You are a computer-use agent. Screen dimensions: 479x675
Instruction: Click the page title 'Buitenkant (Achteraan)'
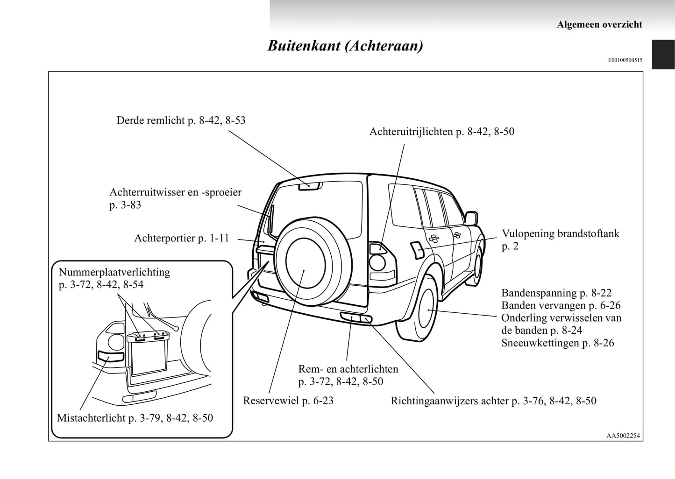coord(345,46)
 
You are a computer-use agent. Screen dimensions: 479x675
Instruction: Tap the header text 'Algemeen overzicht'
coord(599,25)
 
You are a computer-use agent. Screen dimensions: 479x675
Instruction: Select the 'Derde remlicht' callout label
coord(181,120)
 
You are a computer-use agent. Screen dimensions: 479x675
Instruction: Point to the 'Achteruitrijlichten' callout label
coord(441,132)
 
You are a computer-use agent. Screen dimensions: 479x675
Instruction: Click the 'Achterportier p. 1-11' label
coord(182,238)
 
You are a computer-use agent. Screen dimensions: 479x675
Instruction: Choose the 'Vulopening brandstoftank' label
coord(560,233)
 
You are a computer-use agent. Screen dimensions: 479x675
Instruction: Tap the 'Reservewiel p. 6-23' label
coord(288,401)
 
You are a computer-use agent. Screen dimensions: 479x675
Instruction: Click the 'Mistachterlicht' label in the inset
coord(135,418)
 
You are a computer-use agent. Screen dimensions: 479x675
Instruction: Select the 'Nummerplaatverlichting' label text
coord(114,272)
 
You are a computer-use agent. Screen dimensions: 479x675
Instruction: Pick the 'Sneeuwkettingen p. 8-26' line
coord(557,343)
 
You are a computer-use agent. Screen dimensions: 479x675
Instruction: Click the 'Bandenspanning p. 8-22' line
coord(556,293)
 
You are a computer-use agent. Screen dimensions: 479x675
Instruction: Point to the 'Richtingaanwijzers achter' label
coord(493,401)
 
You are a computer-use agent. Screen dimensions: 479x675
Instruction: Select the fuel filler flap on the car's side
coord(416,250)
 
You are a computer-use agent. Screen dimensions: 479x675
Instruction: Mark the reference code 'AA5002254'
coord(623,436)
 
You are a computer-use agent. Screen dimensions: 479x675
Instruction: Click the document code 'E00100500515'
coord(625,60)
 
